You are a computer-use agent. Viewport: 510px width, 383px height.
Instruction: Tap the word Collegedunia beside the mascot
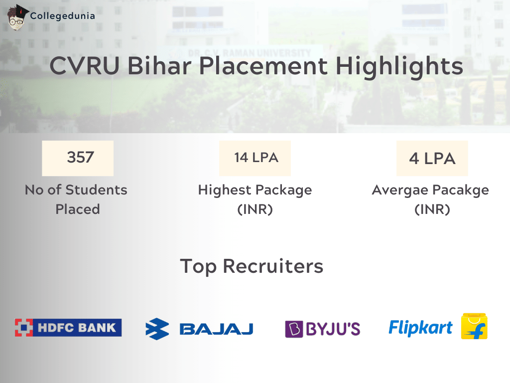pos(63,16)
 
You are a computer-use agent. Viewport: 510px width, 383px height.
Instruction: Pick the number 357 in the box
pos(80,158)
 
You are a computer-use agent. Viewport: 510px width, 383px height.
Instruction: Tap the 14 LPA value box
pos(255,158)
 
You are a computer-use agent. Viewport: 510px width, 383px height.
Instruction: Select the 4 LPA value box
pos(432,159)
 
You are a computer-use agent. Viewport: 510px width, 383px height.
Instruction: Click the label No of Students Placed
pos(76,199)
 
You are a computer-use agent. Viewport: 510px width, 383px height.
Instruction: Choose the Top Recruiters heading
pos(252,266)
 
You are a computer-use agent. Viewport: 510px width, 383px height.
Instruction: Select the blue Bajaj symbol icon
pos(157,329)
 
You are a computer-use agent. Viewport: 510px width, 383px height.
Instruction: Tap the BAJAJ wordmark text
pos(216,329)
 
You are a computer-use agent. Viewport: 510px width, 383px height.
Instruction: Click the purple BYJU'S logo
pos(322,329)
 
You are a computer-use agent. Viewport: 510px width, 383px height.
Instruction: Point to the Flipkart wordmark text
pos(420,327)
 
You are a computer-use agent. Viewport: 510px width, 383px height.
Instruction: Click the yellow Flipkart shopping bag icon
pos(474,327)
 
